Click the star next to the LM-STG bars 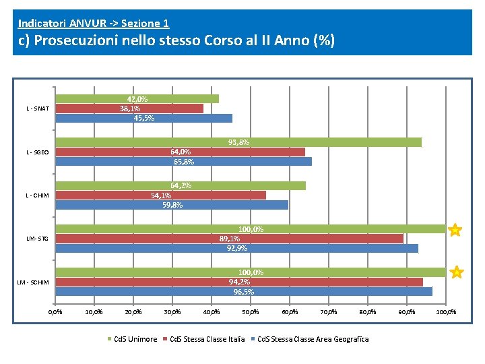[x=455, y=231]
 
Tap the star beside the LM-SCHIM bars [x=456, y=272]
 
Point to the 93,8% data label [x=238, y=142]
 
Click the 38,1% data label [x=130, y=109]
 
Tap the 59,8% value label [x=172, y=205]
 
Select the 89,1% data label [x=230, y=239]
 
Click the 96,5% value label [x=243, y=292]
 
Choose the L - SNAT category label [x=38, y=109]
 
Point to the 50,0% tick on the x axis [x=250, y=312]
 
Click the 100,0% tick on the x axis [x=446, y=312]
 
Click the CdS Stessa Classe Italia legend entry [x=206, y=339]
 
